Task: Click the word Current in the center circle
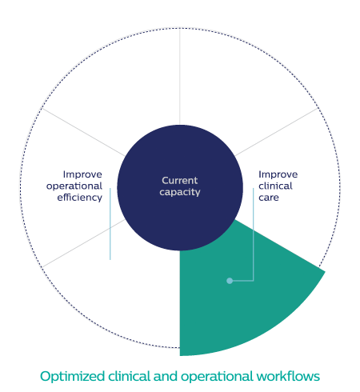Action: pos(180,181)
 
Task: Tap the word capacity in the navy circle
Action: pos(180,192)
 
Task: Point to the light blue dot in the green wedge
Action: pos(230,281)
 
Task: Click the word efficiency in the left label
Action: pos(79,198)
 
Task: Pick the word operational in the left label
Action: pos(74,186)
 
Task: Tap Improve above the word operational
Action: pos(82,174)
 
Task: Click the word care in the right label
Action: pos(269,198)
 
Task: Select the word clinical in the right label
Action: pos(275,186)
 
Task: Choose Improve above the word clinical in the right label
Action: pos(278,174)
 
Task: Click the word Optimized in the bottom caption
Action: pos(72,377)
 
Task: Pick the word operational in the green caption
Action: pos(217,377)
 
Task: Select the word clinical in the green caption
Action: pos(129,376)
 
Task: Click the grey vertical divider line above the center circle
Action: pos(180,77)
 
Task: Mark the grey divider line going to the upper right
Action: pos(277,132)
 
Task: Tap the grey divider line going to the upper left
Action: pos(83,132)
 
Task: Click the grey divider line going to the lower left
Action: pos(83,243)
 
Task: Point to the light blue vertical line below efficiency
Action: pos(110,224)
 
